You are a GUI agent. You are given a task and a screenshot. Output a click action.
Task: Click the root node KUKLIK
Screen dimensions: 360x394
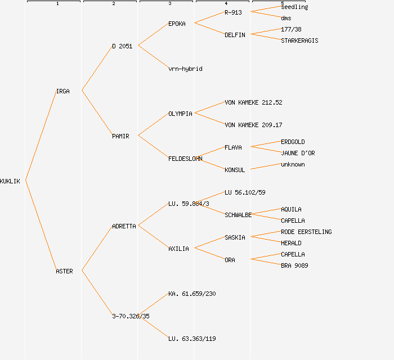pyautogui.click(x=10, y=181)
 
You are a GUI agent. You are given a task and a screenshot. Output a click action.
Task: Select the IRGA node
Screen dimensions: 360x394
pyautogui.click(x=63, y=91)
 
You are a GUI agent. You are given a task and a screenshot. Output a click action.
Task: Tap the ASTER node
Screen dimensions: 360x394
pyautogui.click(x=64, y=271)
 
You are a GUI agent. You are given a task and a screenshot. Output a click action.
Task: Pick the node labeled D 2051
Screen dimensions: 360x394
pyautogui.click(x=122, y=46)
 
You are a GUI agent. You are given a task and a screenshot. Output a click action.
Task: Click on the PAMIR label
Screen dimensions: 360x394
pyautogui.click(x=120, y=136)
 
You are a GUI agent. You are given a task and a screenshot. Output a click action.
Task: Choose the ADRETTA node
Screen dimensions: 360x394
pyautogui.click(x=124, y=226)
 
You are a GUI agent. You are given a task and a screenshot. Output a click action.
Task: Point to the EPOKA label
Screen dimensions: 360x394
pyautogui.click(x=177, y=24)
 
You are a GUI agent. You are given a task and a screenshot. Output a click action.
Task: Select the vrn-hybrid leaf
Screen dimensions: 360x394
pyautogui.click(x=185, y=69)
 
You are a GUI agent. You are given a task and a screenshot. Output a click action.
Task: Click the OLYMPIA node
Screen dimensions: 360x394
pyautogui.click(x=180, y=114)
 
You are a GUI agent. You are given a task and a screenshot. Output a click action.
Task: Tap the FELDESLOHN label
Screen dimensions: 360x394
pyautogui.click(x=185, y=159)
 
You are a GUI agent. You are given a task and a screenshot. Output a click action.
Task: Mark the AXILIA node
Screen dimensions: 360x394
pyautogui.click(x=178, y=249)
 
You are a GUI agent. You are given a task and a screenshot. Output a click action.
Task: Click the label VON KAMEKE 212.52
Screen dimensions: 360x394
pyautogui.click(x=253, y=102)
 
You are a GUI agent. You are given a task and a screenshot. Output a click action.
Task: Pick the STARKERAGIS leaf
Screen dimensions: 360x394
pyautogui.click(x=299, y=40)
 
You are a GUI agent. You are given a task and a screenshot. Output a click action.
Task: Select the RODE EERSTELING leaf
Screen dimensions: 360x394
pyautogui.click(x=306, y=232)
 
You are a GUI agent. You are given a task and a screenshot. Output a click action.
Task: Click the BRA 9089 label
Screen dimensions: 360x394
pyautogui.click(x=294, y=265)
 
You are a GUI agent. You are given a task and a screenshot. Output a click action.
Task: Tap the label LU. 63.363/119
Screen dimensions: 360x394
pyautogui.click(x=192, y=339)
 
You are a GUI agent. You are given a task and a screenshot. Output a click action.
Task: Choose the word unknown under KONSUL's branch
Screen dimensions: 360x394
pyautogui.click(x=293, y=164)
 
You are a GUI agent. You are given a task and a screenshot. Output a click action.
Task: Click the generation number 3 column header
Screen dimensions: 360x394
pyautogui.click(x=169, y=4)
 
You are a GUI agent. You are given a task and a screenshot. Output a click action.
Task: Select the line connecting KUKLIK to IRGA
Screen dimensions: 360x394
pyautogui.click(x=41, y=136)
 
